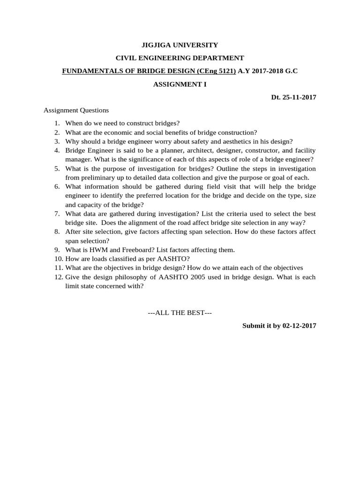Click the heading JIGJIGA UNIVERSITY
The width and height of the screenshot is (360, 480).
point(180,45)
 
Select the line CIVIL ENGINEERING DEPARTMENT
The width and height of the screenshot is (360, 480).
point(180,58)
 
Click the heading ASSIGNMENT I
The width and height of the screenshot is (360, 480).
point(180,84)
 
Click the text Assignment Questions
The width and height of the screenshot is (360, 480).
point(76,111)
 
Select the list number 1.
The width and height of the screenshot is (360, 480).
point(57,123)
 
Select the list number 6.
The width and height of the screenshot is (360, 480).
point(57,187)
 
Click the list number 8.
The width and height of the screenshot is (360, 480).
point(57,232)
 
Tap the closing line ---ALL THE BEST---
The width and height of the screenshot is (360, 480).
point(180,313)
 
